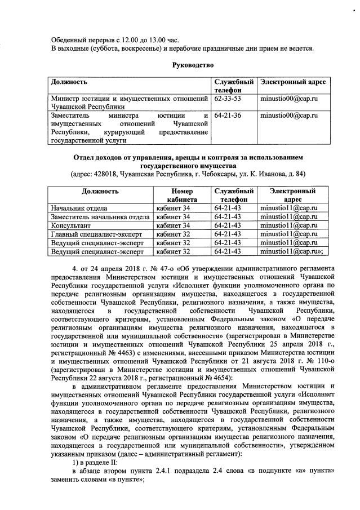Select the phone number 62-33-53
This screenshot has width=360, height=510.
tap(228, 99)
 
